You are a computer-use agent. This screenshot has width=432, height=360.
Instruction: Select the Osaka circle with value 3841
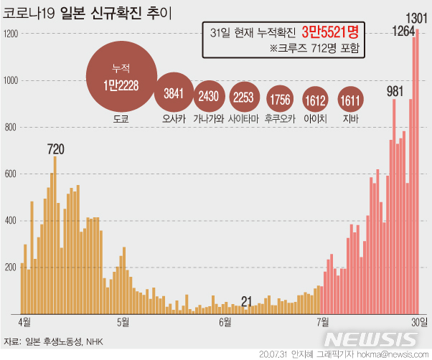point(174,93)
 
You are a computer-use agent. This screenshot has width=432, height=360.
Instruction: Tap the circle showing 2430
point(209,94)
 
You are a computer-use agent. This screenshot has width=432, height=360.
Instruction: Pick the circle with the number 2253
point(245,94)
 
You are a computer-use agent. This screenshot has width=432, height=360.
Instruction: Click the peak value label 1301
point(417,17)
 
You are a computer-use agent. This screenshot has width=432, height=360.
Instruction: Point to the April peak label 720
point(55,149)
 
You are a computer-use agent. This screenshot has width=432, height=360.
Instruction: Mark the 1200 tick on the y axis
point(10,34)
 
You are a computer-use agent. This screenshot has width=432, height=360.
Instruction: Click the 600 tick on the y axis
point(10,174)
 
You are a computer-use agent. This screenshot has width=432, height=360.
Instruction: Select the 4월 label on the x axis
point(24,321)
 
